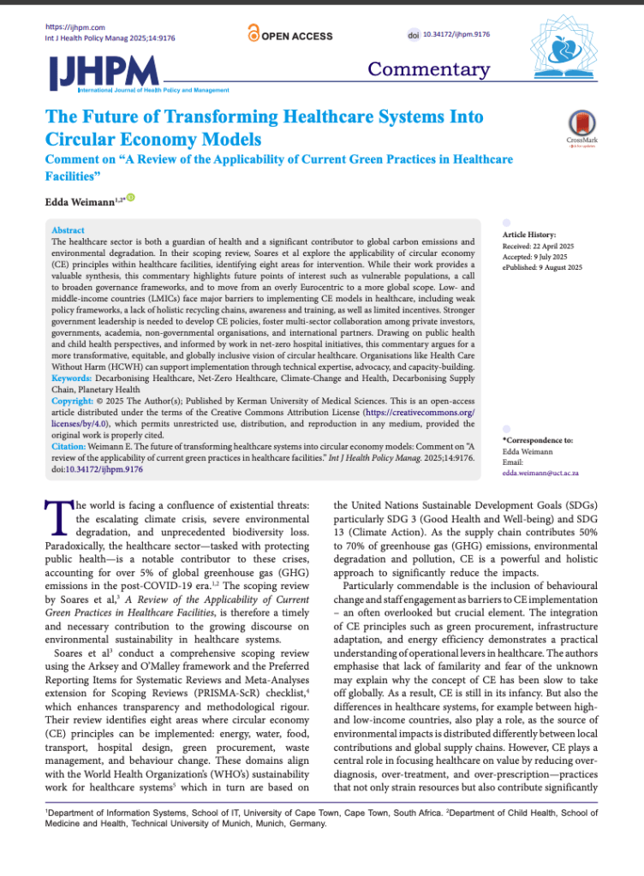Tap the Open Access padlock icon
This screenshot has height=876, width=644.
pos(253,33)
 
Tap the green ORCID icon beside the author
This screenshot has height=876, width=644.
pos(131,199)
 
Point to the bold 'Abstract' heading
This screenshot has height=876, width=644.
pos(68,230)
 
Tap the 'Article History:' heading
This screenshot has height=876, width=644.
pos(528,235)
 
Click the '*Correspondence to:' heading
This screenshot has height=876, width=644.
pos(538,439)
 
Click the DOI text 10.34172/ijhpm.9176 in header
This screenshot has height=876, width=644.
pos(453,33)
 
